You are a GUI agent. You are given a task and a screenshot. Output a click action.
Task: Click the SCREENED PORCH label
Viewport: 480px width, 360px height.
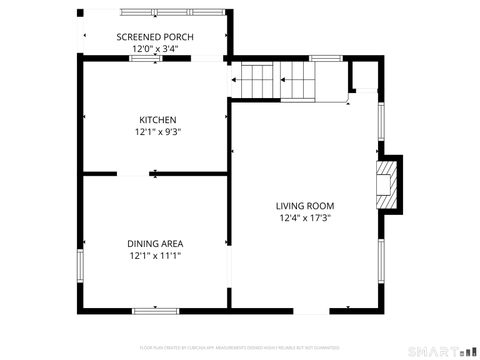click(x=155, y=37)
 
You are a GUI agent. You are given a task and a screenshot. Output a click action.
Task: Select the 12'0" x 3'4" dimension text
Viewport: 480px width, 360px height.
click(x=155, y=48)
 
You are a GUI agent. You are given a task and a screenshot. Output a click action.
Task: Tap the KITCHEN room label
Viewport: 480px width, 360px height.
click(x=157, y=119)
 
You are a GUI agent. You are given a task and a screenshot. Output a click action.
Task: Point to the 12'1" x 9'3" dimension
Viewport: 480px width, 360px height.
click(x=157, y=131)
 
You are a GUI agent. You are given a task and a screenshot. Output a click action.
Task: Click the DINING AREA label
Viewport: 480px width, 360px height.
click(x=155, y=243)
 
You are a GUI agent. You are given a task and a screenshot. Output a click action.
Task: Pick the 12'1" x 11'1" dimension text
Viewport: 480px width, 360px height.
click(x=155, y=255)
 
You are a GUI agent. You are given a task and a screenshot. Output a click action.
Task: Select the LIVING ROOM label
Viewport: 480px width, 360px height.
click(x=305, y=206)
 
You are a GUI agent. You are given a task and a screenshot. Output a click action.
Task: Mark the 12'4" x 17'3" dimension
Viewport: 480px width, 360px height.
click(x=304, y=218)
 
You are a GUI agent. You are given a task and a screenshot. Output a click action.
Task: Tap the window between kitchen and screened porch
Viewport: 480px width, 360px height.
click(x=146, y=59)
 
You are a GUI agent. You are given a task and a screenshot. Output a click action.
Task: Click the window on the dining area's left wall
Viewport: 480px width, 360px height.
click(x=80, y=266)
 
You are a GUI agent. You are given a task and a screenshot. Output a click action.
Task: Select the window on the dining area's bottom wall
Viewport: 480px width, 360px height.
click(x=156, y=310)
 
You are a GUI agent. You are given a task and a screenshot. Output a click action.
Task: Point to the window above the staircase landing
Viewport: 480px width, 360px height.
click(x=326, y=59)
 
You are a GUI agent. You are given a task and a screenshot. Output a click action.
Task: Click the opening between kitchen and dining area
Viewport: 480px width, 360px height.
click(x=155, y=175)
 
